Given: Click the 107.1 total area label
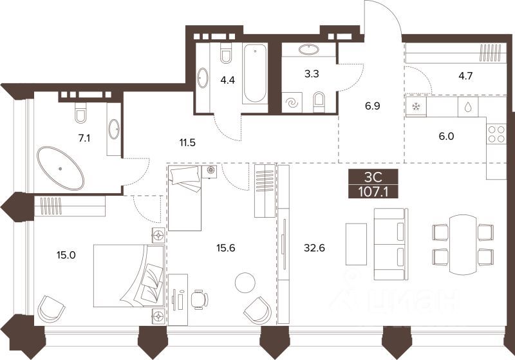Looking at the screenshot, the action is pyautogui.click(x=373, y=191).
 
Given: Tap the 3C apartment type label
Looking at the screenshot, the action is pyautogui.click(x=373, y=178).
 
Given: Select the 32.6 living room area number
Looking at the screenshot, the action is pyautogui.click(x=314, y=248).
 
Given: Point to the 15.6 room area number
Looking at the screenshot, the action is pyautogui.click(x=226, y=248).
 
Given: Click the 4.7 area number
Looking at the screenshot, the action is pyautogui.click(x=465, y=76).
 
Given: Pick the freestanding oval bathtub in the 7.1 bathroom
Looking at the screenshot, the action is pyautogui.click(x=61, y=168).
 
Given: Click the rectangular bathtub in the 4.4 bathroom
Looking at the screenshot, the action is pyautogui.click(x=255, y=73).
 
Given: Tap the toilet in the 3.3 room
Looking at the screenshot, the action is pyautogui.click(x=319, y=102).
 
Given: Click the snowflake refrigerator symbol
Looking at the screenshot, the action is pyautogui.click(x=416, y=106).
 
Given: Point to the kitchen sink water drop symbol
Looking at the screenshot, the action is pyautogui.click(x=468, y=106).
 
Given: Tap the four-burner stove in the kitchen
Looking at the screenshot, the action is pyautogui.click(x=496, y=135).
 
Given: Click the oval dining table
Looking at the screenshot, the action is pyautogui.click(x=463, y=245).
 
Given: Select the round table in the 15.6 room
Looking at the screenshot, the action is pyautogui.click(x=245, y=283).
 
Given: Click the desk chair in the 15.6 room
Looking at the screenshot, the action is pyautogui.click(x=200, y=299).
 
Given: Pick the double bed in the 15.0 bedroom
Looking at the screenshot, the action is pyautogui.click(x=128, y=276).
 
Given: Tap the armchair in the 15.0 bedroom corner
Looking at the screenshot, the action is pyautogui.click(x=51, y=308).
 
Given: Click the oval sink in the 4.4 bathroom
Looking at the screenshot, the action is pyautogui.click(x=203, y=78).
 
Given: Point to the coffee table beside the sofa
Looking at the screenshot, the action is pyautogui.click(x=356, y=244).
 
